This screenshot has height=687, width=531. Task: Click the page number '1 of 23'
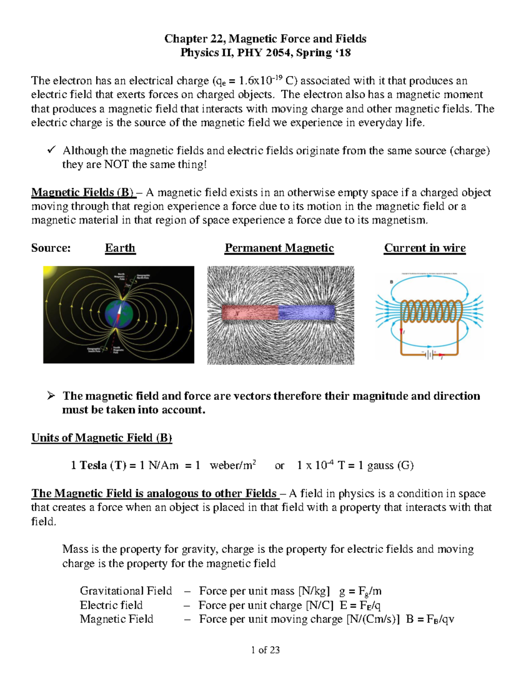coord(265,650)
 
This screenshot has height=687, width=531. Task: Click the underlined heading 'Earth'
coord(120,248)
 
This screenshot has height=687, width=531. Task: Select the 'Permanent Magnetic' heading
coord(279,248)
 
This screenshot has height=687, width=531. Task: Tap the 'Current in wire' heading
coord(424,248)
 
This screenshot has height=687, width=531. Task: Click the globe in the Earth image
coord(119,314)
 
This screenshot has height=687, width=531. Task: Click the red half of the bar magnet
coord(250,312)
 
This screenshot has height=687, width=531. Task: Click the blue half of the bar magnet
coord(307,312)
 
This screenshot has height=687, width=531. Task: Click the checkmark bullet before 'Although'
coord(51,150)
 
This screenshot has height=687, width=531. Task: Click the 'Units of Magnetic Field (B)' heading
coord(101,438)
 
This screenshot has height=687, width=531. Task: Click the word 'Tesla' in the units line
coord(93,465)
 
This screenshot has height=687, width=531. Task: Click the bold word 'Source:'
coord(51,248)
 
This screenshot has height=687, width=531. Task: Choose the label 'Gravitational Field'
coord(126,591)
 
